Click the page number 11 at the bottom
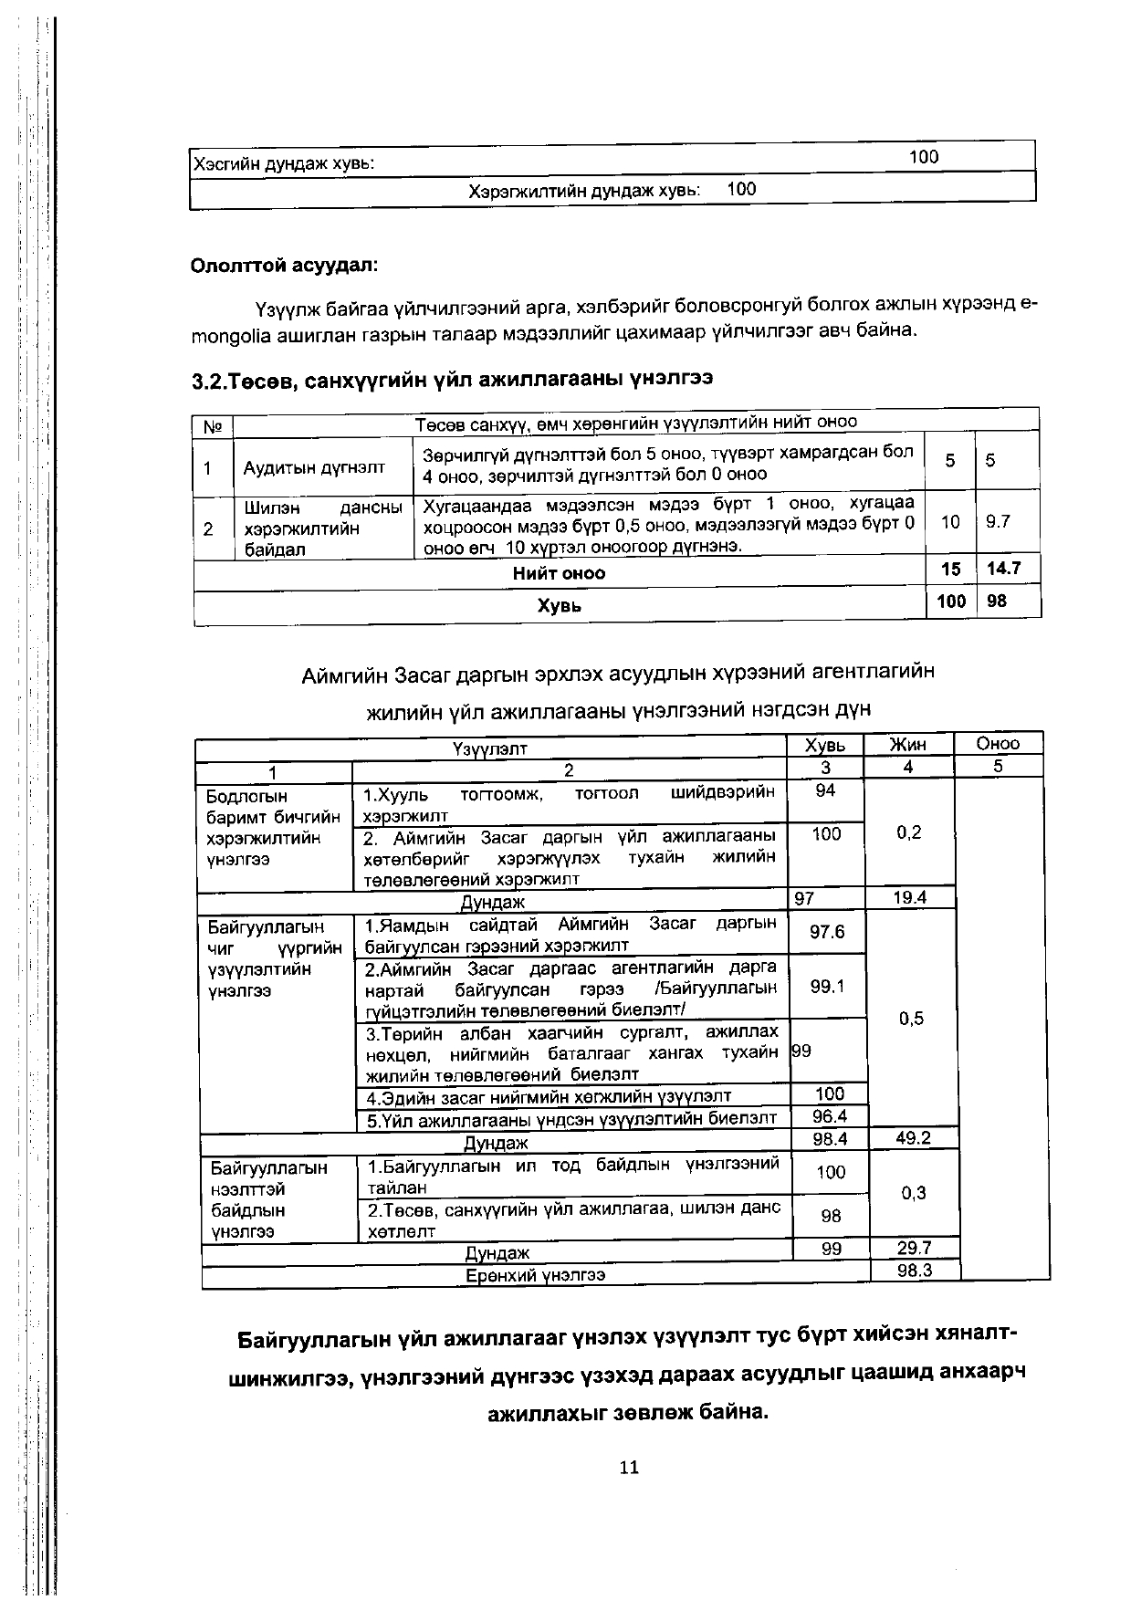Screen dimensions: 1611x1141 point(629,1467)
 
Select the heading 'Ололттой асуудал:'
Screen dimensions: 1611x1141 point(284,266)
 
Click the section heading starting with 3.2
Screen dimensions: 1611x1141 point(452,378)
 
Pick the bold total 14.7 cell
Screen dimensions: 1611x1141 point(1003,569)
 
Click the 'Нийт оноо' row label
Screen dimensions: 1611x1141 point(559,573)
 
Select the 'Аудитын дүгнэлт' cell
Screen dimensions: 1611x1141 point(314,468)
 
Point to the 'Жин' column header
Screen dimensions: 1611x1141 point(907,745)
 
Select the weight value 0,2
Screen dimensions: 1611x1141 point(908,832)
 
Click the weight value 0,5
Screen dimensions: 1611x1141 point(911,1019)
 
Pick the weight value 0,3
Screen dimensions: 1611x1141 point(913,1193)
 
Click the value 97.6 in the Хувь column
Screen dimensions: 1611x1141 point(827,932)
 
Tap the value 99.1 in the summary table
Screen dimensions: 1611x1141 point(827,987)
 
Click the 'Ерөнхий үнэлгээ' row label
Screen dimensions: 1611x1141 point(536,1274)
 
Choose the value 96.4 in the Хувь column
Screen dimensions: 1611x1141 point(830,1116)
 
